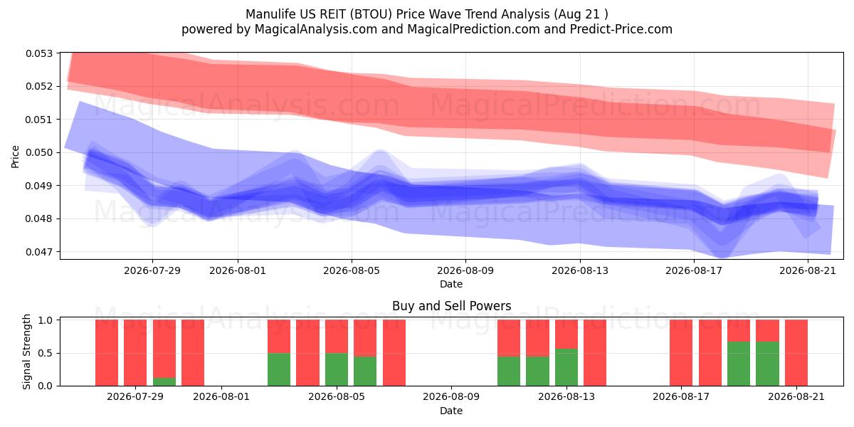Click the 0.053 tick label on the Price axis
[x=39, y=53]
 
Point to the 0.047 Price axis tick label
[x=39, y=252]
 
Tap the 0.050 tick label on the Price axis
[x=39, y=152]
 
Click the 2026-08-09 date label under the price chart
[x=465, y=270]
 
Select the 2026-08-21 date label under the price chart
[x=808, y=270]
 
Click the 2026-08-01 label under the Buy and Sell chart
[x=221, y=397]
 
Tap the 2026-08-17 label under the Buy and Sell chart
[x=681, y=397]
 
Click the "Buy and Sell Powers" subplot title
[x=451, y=306]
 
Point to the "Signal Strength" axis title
[x=26, y=352]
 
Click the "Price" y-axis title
[x=15, y=157]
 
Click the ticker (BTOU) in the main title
[x=371, y=14]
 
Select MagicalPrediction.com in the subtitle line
[x=473, y=29]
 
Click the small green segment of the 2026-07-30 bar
[x=164, y=381]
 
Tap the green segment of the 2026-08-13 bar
[x=566, y=367]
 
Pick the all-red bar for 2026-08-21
[x=796, y=353]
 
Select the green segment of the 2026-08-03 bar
[x=279, y=369]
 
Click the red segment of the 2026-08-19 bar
[x=739, y=330]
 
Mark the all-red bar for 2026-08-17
[x=681, y=353]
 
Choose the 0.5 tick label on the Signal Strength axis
[x=46, y=353]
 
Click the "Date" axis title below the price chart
[x=451, y=284]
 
